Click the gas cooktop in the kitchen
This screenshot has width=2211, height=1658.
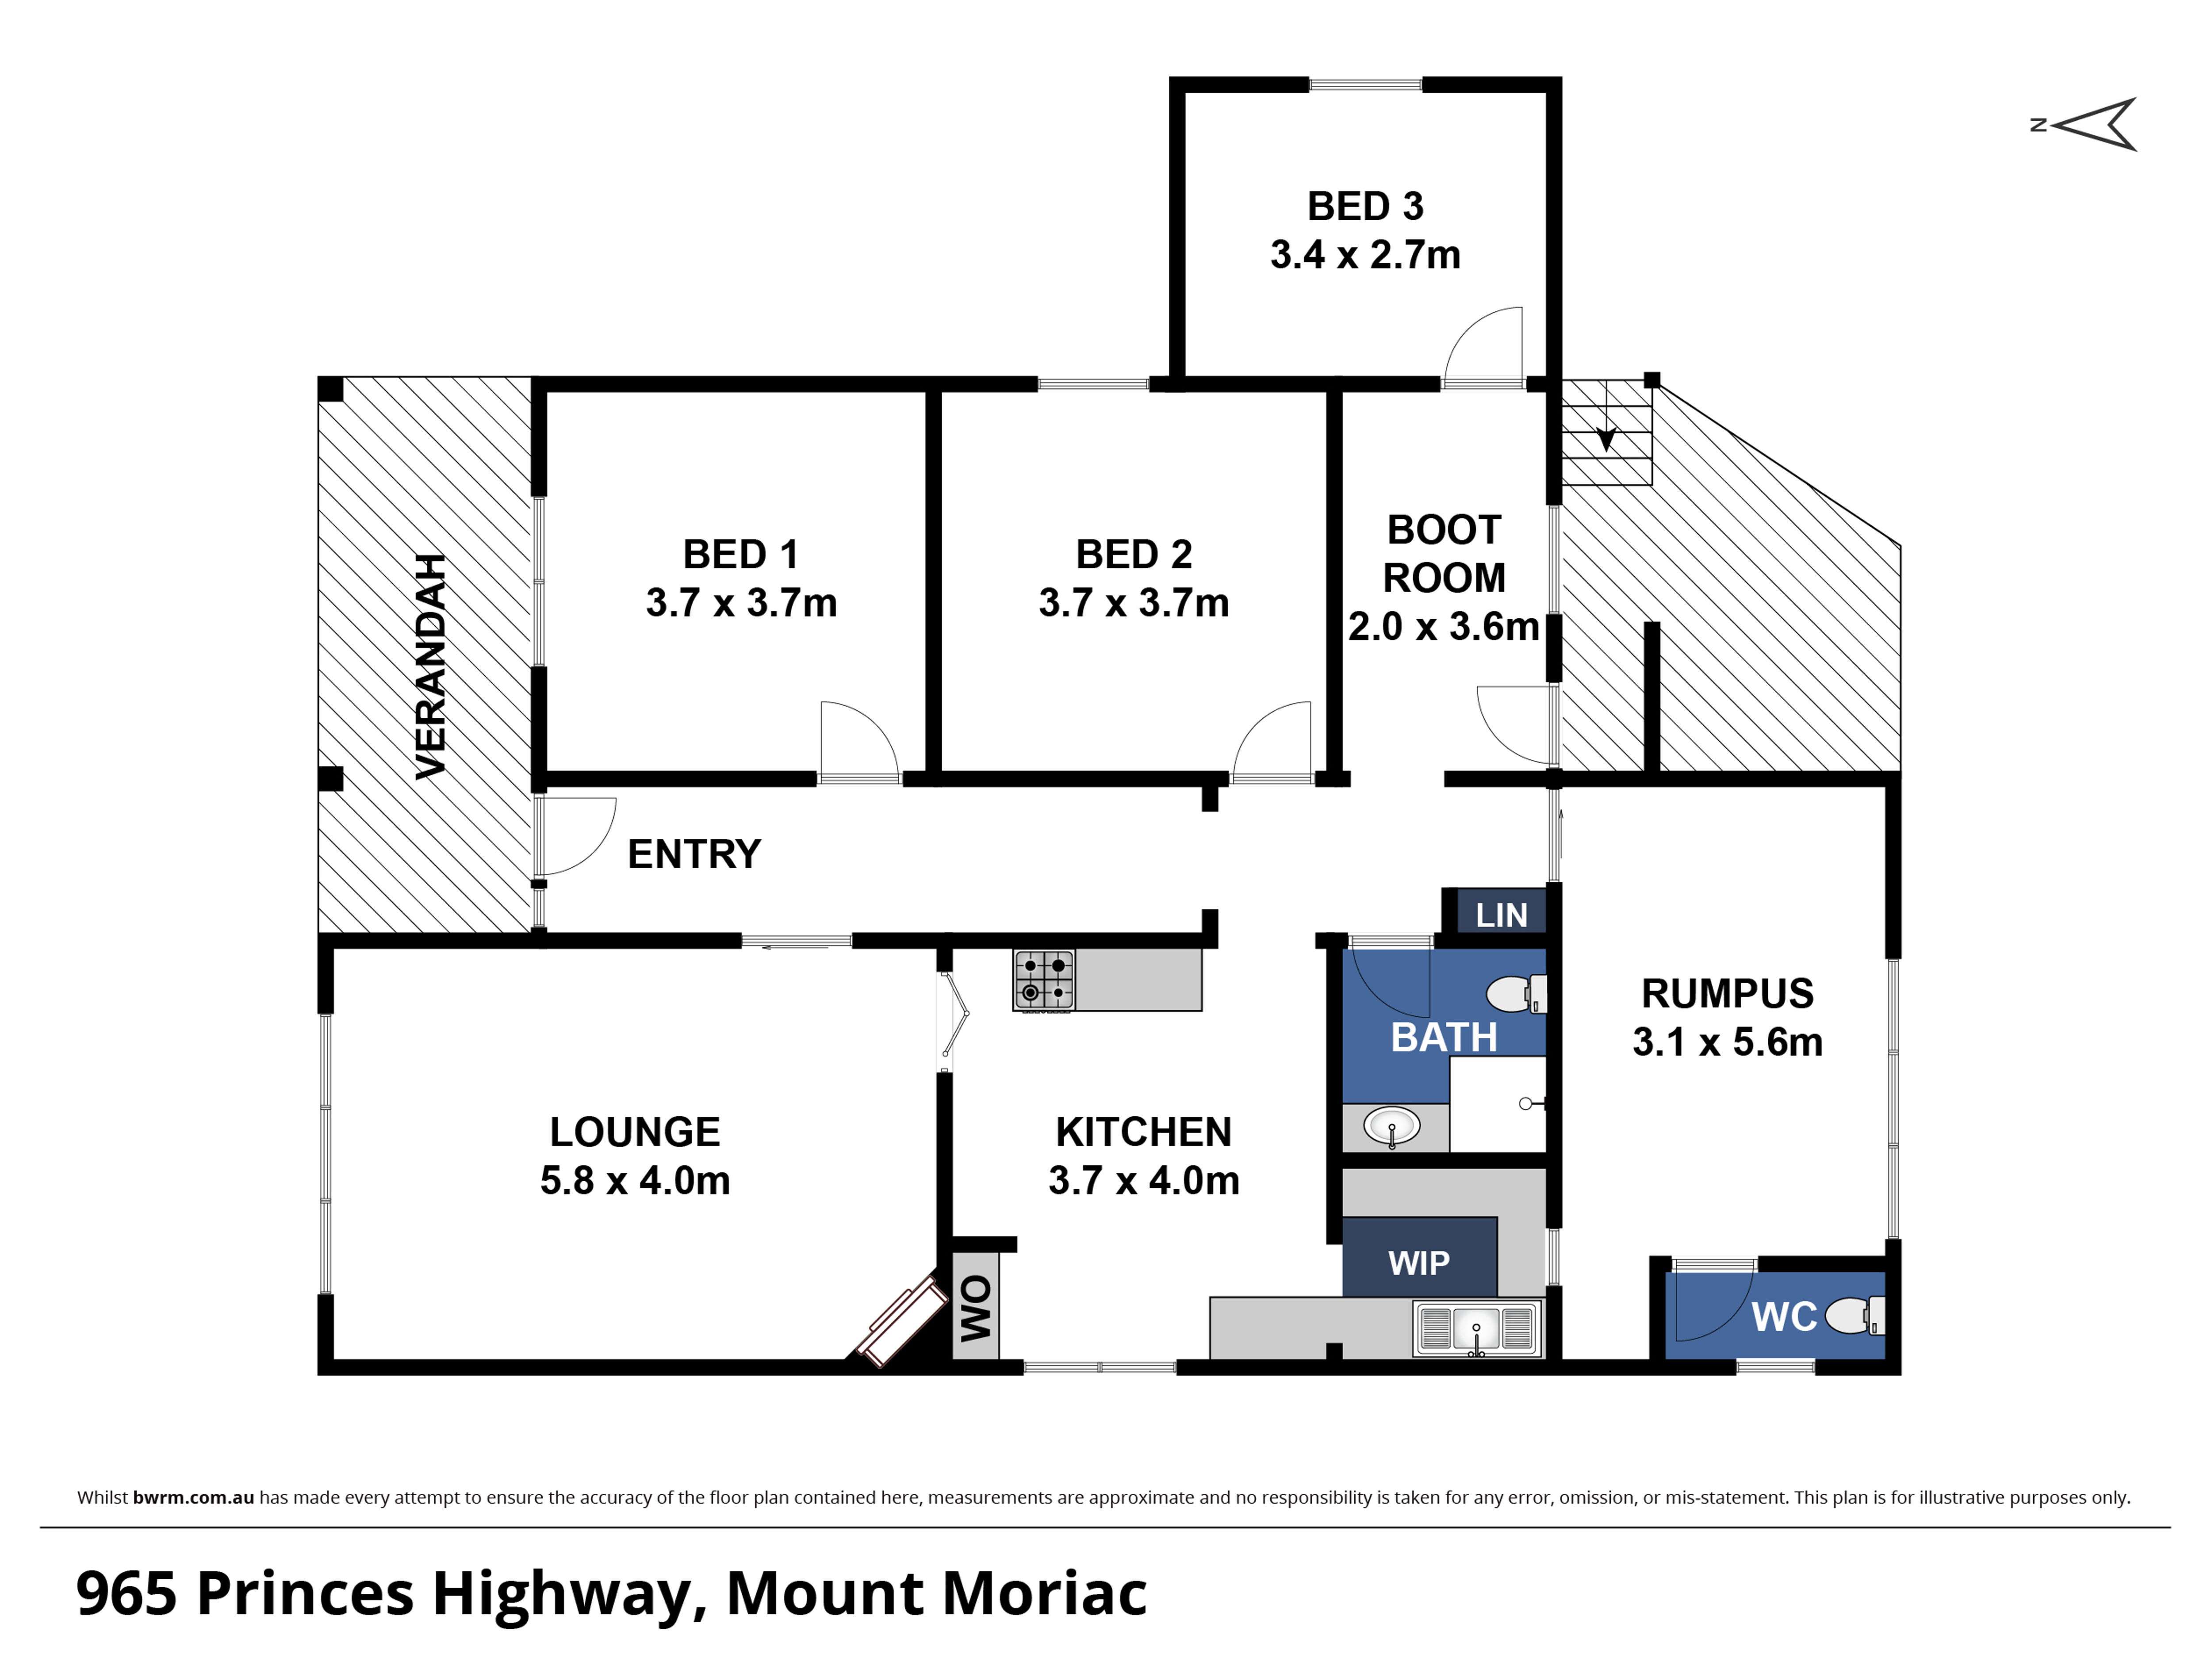pyautogui.click(x=1043, y=980)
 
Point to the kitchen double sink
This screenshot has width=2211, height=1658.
pyautogui.click(x=1476, y=1328)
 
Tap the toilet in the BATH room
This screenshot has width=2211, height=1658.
pyautogui.click(x=1516, y=994)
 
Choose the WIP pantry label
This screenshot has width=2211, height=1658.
pyautogui.click(x=1418, y=1263)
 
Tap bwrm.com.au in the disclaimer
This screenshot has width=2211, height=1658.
pyautogui.click(x=194, y=1497)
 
